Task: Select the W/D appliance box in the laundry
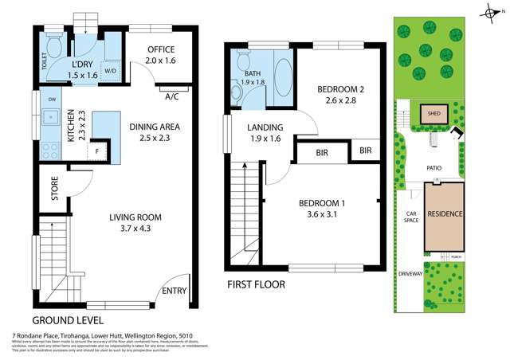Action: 111,69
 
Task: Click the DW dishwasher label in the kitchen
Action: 51,100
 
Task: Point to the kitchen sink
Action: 51,120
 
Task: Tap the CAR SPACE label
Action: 410,217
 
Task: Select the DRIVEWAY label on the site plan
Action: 410,273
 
